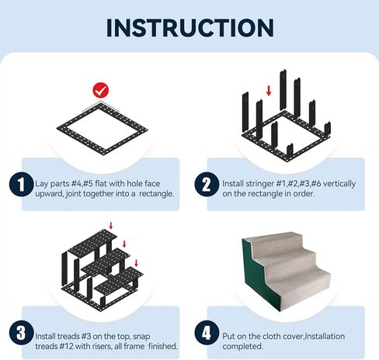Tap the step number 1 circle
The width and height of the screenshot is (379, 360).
[18, 185]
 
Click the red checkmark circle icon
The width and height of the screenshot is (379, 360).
[99, 91]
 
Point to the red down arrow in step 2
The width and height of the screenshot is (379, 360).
[268, 91]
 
